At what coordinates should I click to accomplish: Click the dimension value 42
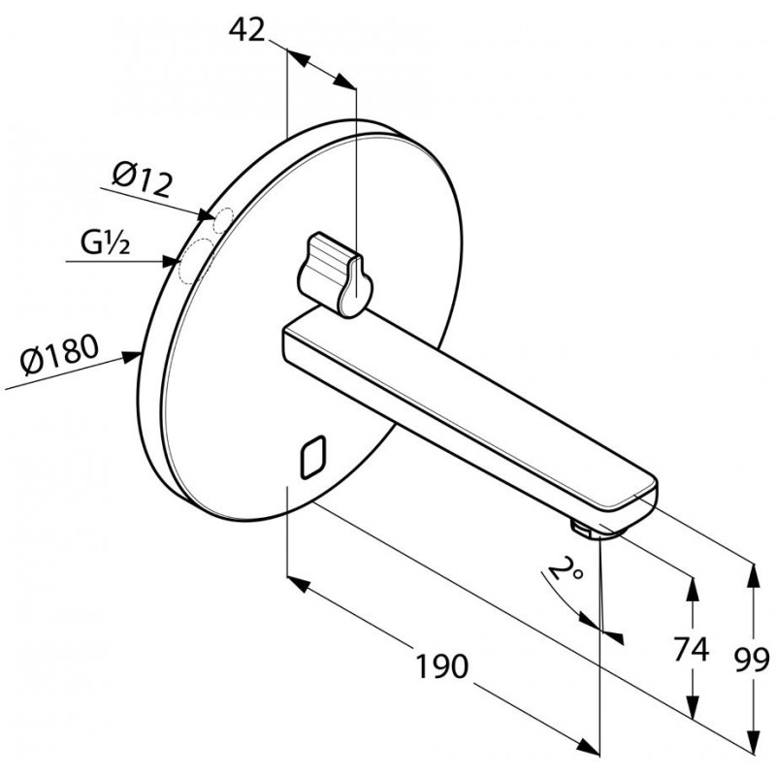pyautogui.click(x=246, y=30)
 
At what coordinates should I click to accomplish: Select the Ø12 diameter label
pyautogui.click(x=143, y=179)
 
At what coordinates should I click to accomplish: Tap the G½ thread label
pyautogui.click(x=106, y=243)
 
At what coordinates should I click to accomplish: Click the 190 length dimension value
pyautogui.click(x=441, y=666)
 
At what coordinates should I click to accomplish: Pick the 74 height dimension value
pyautogui.click(x=692, y=649)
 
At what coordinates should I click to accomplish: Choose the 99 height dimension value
pyautogui.click(x=752, y=660)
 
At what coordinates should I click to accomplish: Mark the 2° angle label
pyautogui.click(x=566, y=568)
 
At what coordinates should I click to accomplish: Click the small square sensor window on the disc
pyautogui.click(x=313, y=457)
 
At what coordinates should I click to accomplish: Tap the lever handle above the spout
pyautogui.click(x=335, y=275)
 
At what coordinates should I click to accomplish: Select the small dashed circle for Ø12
pyautogui.click(x=223, y=220)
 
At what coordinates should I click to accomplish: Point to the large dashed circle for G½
pyautogui.click(x=195, y=260)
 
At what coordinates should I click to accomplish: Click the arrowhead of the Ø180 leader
pyautogui.click(x=134, y=356)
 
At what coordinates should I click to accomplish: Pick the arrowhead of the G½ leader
pyautogui.click(x=171, y=261)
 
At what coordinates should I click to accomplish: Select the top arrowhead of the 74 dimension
pyautogui.click(x=693, y=589)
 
